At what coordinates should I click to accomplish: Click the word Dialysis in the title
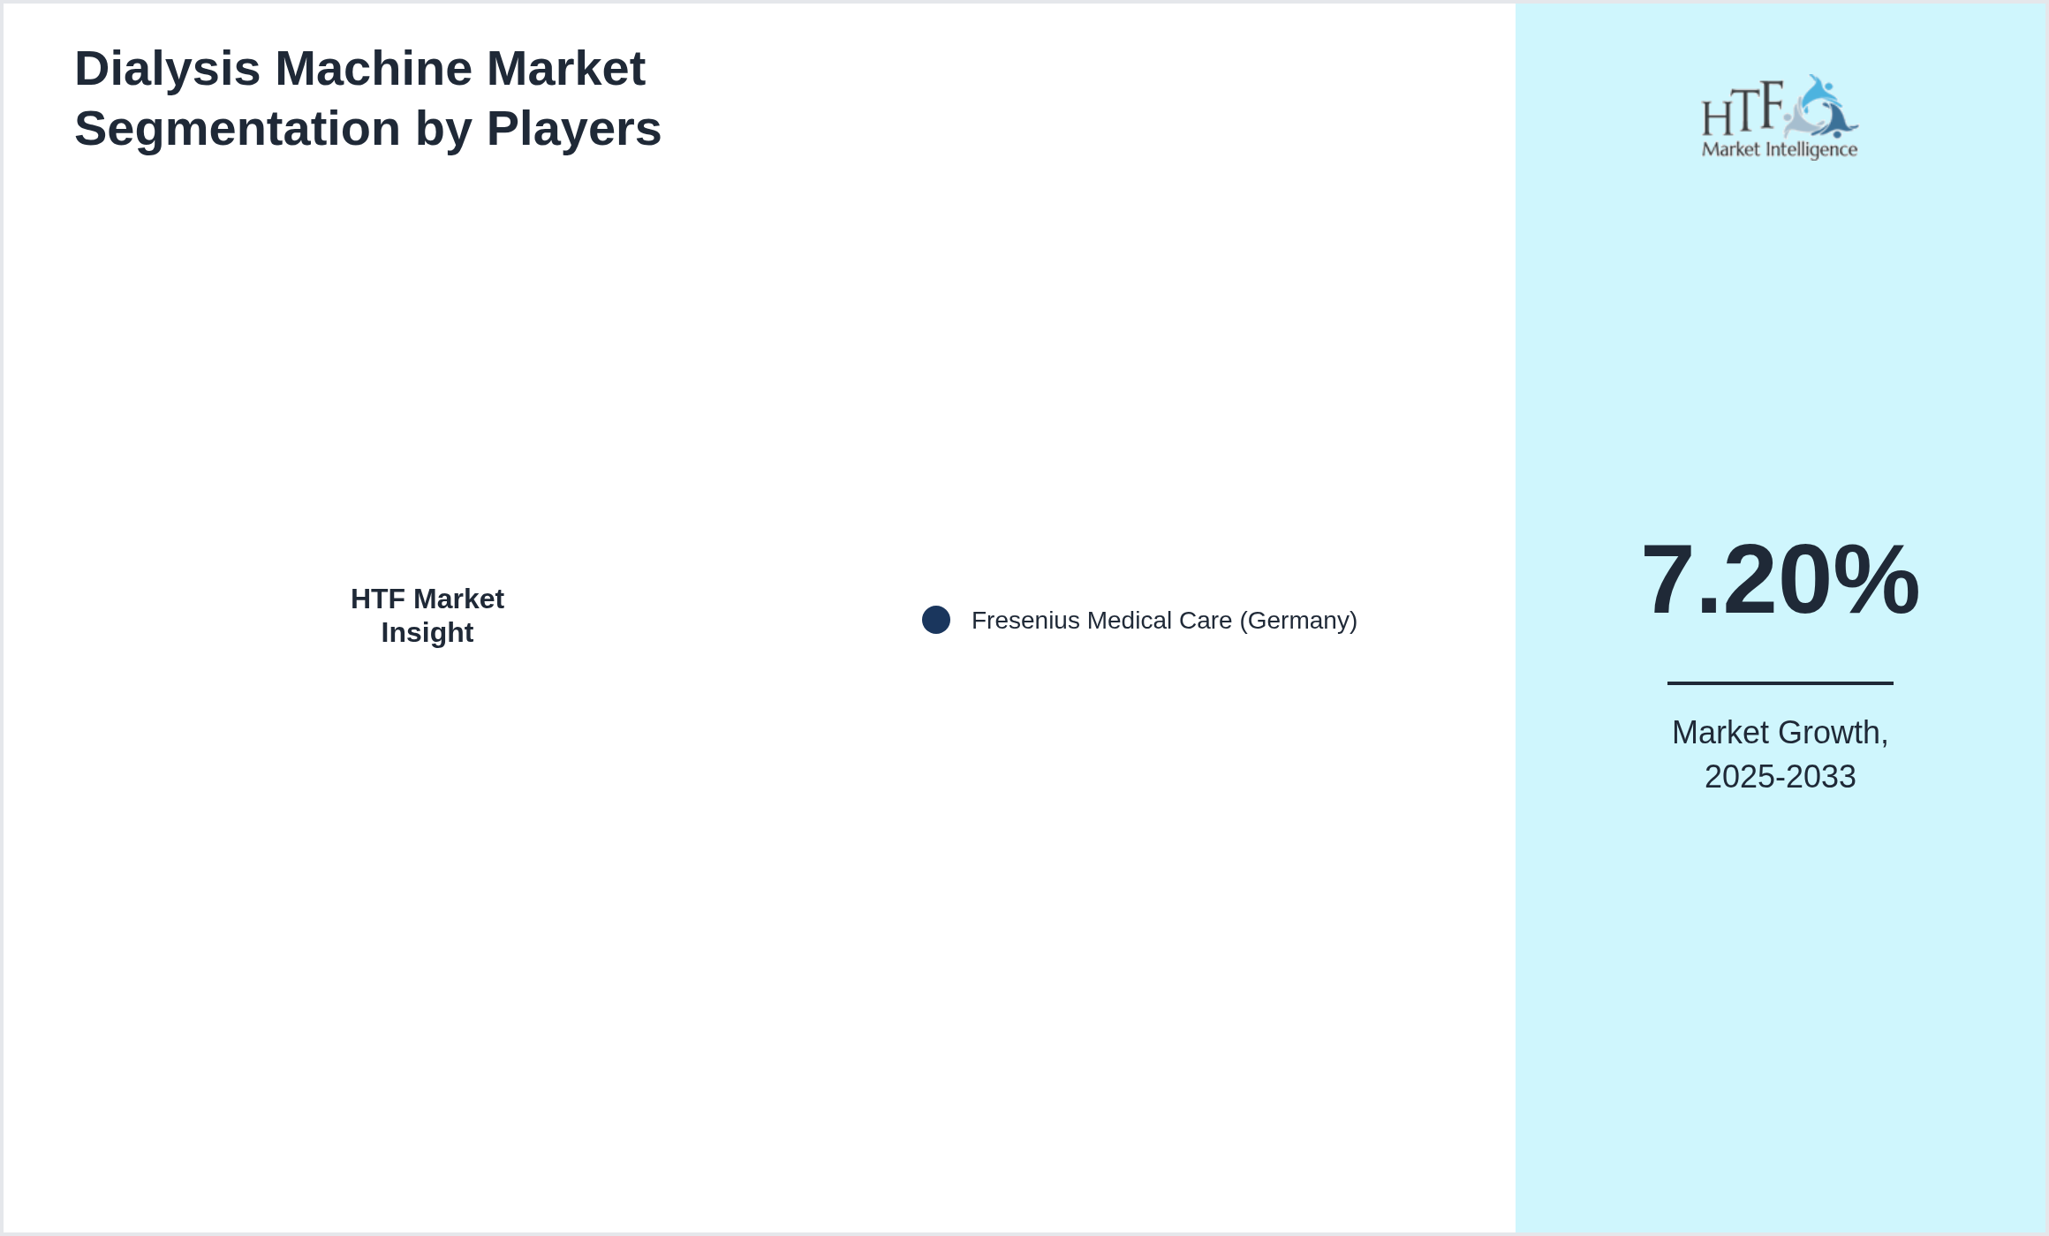coord(168,69)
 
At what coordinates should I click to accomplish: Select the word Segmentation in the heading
coord(238,129)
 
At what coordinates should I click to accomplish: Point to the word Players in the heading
coord(574,129)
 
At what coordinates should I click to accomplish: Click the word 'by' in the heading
coord(443,129)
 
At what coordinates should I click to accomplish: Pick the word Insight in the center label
coord(427,633)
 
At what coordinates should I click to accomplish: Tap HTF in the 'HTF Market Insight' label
coord(378,599)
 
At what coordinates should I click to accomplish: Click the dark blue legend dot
coord(936,620)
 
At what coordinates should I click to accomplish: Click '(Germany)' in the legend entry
coord(1298,621)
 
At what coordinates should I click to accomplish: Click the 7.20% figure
coord(1780,580)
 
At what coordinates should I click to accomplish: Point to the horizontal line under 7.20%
coord(1780,682)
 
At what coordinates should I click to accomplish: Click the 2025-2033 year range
coord(1780,777)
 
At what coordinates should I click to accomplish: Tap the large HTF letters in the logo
coord(1743,109)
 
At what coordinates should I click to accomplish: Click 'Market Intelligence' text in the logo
coord(1780,150)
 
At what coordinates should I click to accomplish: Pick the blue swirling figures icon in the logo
coord(1821,107)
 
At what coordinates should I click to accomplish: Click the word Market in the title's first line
coord(566,68)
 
